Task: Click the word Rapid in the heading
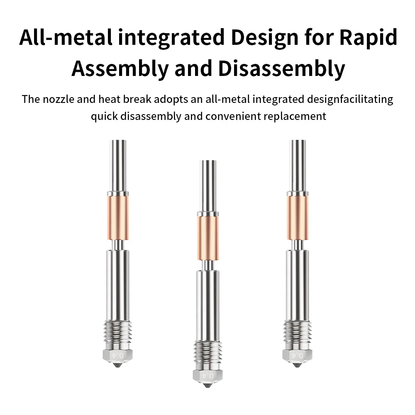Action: tap(368, 37)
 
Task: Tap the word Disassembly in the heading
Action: tap(282, 68)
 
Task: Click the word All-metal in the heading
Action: tap(66, 37)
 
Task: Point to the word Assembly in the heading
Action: tap(120, 68)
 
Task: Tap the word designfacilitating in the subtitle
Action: tap(350, 100)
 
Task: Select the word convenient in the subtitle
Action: tap(233, 116)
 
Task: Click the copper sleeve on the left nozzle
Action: tap(118, 218)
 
